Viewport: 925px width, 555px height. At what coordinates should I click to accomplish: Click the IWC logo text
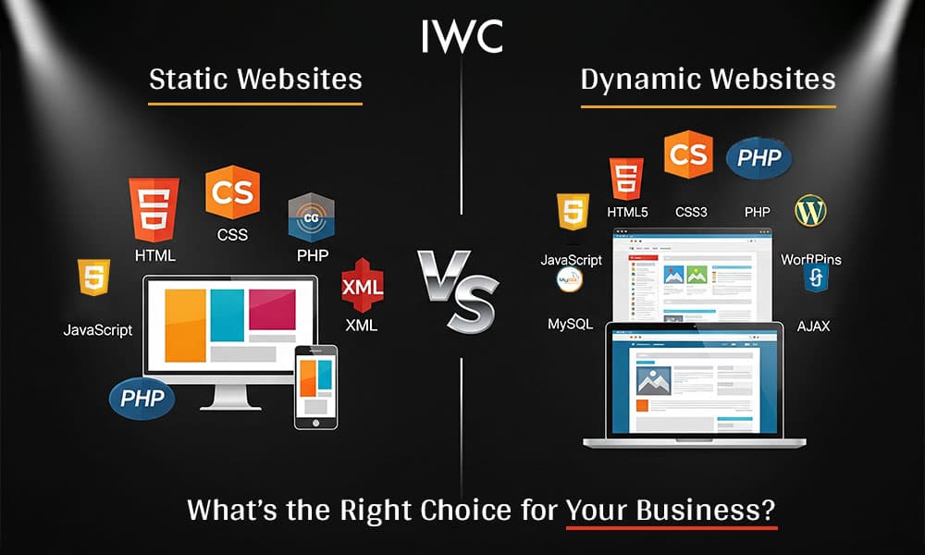pyautogui.click(x=462, y=35)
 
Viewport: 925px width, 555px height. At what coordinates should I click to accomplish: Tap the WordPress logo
pyautogui.click(x=810, y=211)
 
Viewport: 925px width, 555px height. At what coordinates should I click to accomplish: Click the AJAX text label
pyautogui.click(x=814, y=327)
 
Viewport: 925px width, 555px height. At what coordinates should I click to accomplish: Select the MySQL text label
pyautogui.click(x=569, y=324)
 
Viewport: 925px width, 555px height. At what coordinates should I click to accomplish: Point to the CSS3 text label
pyautogui.click(x=691, y=213)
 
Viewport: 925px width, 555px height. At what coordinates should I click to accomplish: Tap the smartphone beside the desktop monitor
pyautogui.click(x=315, y=388)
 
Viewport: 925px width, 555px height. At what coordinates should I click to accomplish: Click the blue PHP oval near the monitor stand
pyautogui.click(x=142, y=399)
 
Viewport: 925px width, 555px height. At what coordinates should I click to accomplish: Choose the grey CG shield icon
pyautogui.click(x=310, y=217)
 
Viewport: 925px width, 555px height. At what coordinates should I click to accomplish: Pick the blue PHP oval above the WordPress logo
pyautogui.click(x=758, y=159)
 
